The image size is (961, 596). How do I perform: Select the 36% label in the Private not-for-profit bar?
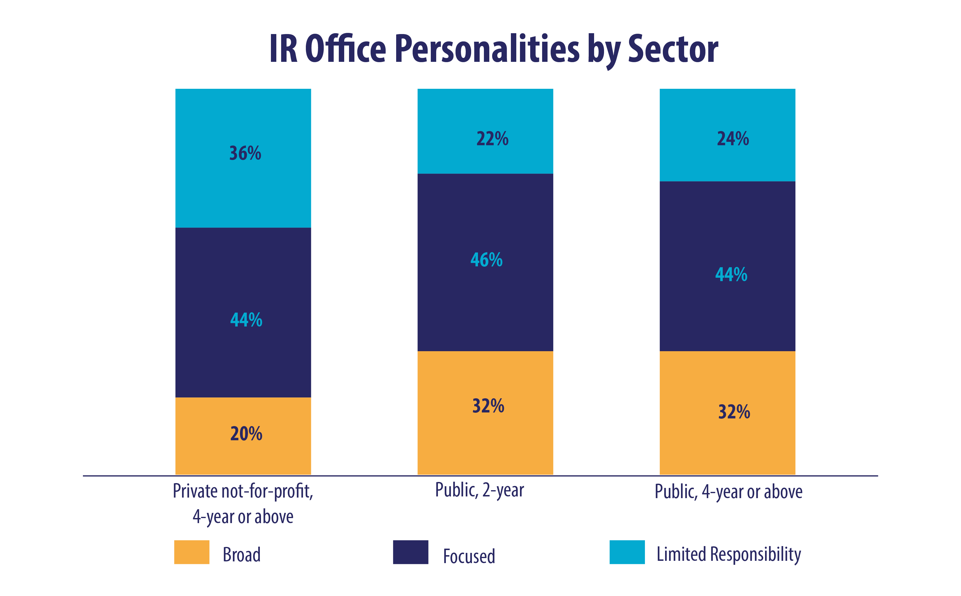[x=245, y=153]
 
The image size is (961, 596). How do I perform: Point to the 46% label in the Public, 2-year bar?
[x=486, y=260]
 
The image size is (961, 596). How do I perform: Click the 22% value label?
[x=492, y=139]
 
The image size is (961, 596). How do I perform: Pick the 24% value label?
[x=733, y=139]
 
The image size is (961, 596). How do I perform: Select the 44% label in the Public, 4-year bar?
[x=731, y=274]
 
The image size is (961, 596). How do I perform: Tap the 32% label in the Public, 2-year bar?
[x=488, y=406]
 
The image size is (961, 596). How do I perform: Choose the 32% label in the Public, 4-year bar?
[x=734, y=412]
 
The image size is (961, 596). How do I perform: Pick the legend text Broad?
[x=241, y=555]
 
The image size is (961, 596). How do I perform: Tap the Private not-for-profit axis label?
[x=243, y=503]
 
